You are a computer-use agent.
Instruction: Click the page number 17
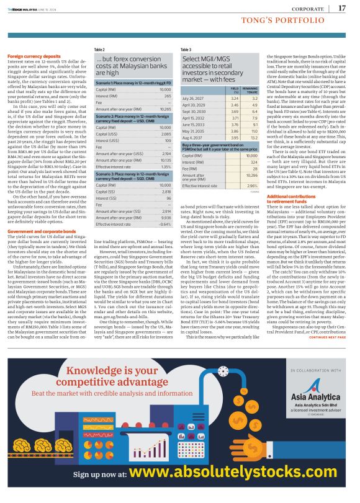point(342,8)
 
